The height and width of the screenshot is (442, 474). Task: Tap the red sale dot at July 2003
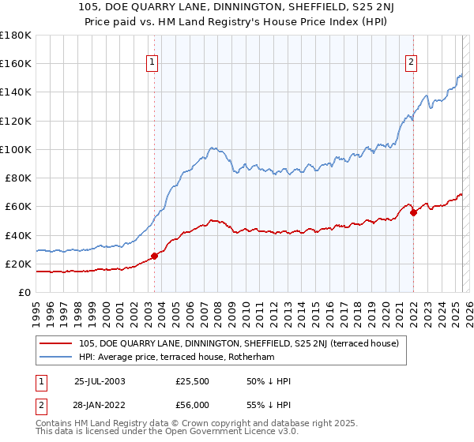[x=155, y=256]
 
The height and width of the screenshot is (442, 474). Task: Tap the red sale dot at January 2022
[x=413, y=212]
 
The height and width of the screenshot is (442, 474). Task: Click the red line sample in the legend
[x=56, y=343]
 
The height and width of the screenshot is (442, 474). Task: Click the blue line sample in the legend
[x=56, y=357]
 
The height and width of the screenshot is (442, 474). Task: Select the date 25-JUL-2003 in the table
[x=100, y=381]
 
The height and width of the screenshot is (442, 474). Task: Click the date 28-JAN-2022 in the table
[x=100, y=403]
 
